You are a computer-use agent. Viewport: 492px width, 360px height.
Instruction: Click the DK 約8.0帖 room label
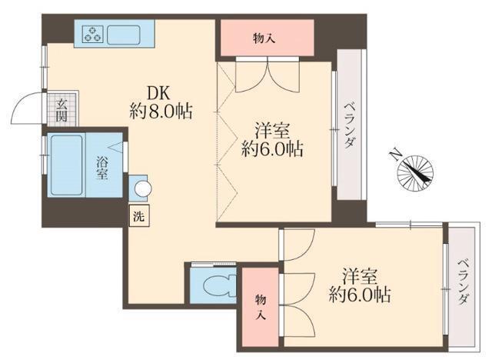click(160, 99)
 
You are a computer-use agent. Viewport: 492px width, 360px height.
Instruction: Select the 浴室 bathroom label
click(101, 167)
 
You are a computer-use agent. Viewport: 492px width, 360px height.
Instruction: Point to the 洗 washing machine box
click(138, 216)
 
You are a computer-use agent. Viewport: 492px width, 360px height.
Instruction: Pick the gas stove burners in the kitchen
click(93, 34)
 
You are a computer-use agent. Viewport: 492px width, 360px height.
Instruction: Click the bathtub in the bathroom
click(65, 164)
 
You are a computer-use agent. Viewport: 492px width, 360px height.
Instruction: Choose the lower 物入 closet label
click(260, 305)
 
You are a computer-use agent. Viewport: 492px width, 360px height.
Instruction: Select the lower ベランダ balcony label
click(462, 284)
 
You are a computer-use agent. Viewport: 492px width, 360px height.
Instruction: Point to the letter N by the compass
click(394, 154)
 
